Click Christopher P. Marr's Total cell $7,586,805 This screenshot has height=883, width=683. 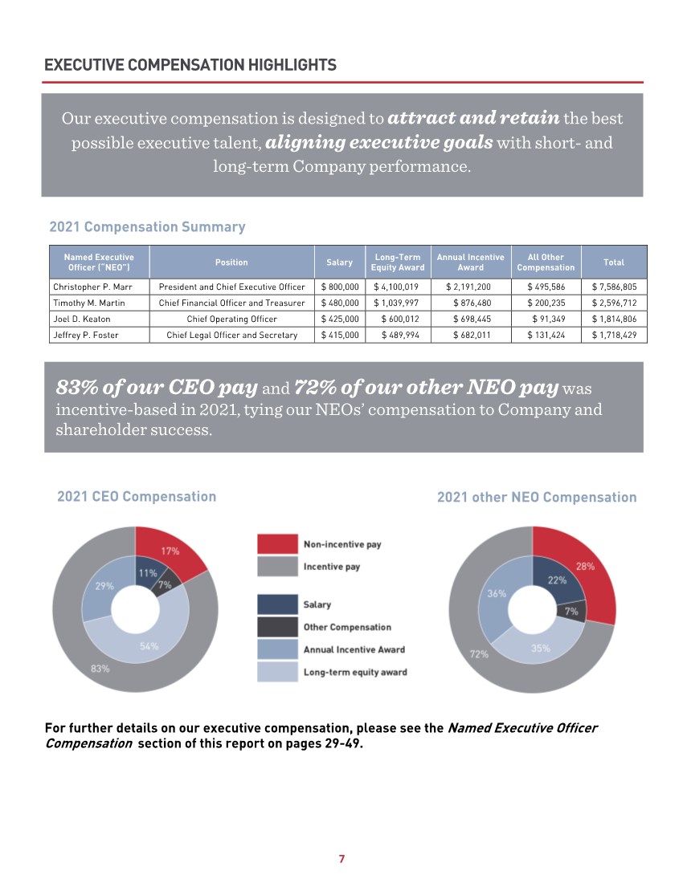pyautogui.click(x=614, y=287)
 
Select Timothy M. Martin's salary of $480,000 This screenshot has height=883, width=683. pyautogui.click(x=339, y=303)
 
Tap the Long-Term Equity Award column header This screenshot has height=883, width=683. pyautogui.click(x=398, y=262)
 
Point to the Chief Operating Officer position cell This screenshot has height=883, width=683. pyautogui.click(x=231, y=319)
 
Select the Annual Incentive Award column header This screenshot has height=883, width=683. pyautogui.click(x=470, y=262)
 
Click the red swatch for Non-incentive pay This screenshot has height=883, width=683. pyautogui.click(x=276, y=544)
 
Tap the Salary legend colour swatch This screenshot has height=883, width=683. pyautogui.click(x=276, y=604)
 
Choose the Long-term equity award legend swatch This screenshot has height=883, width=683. pyautogui.click(x=276, y=672)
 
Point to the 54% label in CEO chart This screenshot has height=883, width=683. pyautogui.click(x=149, y=646)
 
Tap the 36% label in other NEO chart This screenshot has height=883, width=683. pyautogui.click(x=497, y=593)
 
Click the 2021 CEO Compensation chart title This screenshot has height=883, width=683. pyautogui.click(x=137, y=497)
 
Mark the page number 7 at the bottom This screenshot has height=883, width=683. pyautogui.click(x=341, y=859)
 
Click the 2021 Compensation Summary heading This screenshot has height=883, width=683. pyautogui.click(x=147, y=227)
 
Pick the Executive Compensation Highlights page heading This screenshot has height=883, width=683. pyautogui.click(x=190, y=65)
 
